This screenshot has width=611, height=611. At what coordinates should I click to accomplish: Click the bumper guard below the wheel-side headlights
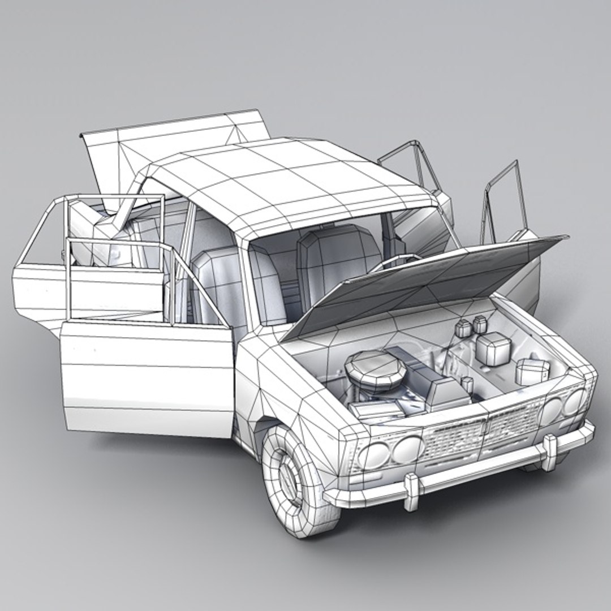click(x=412, y=490)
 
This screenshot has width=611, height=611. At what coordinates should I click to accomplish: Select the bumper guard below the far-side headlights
click(x=549, y=453)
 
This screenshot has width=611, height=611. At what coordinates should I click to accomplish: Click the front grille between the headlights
click(x=481, y=433)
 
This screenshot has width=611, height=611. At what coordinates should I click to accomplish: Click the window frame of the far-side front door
click(x=504, y=198)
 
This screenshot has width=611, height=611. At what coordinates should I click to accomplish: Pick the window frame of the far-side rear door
click(x=416, y=164)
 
